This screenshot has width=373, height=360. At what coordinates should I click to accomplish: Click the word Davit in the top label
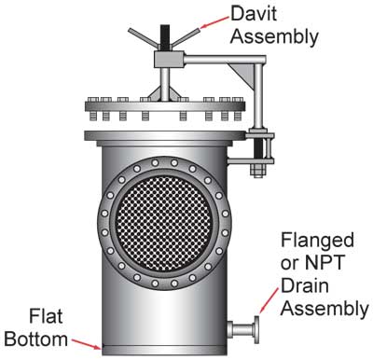pyautogui.click(x=254, y=13)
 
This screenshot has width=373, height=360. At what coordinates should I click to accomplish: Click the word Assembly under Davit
pyautogui.click(x=274, y=37)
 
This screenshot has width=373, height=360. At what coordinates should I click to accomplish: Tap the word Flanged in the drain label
pyautogui.click(x=317, y=240)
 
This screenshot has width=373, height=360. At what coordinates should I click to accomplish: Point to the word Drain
pyautogui.click(x=305, y=285)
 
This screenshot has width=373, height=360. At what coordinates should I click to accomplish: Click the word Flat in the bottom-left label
pyautogui.click(x=46, y=316)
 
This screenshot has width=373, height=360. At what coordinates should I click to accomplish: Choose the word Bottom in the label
pyautogui.click(x=36, y=339)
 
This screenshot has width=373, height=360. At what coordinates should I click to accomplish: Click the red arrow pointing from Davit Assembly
pyautogui.click(x=214, y=22)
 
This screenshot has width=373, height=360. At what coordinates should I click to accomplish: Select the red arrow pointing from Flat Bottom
pyautogui.click(x=87, y=344)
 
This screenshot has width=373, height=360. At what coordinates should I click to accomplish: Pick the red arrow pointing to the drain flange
pyautogui.click(x=269, y=300)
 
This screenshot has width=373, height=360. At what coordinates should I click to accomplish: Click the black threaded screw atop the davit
pyautogui.click(x=165, y=38)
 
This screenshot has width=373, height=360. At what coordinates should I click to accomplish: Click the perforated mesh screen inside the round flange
pyautogui.click(x=165, y=223)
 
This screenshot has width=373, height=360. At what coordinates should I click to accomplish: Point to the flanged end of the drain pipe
pyautogui.click(x=256, y=329)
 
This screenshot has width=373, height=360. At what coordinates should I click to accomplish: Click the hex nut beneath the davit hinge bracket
pyautogui.click(x=257, y=171)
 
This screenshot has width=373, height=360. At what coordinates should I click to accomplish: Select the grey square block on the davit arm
pyautogui.click(x=169, y=60)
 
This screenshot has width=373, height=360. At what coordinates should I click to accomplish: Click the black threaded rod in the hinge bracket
pyautogui.click(x=259, y=148)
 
